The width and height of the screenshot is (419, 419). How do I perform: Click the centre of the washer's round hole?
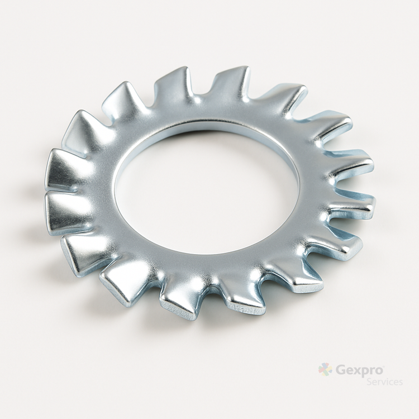coord(207,192)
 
